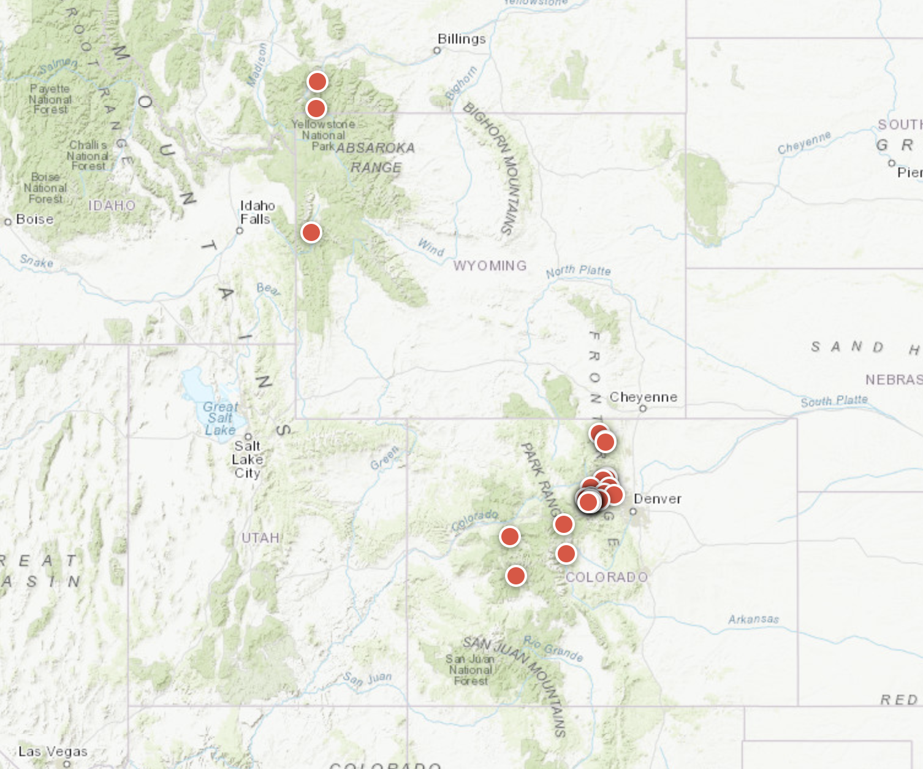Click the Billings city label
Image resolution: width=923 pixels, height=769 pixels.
[x=461, y=39]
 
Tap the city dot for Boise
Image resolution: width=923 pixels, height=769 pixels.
[x=8, y=221]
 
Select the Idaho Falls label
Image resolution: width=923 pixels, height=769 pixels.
[x=257, y=212]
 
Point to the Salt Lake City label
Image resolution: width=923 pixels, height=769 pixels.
[x=248, y=459]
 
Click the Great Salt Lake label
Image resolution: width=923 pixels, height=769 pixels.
[x=220, y=418]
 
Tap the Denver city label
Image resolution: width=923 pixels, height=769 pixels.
[x=657, y=499]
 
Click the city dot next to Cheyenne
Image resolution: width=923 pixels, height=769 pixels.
[x=643, y=408]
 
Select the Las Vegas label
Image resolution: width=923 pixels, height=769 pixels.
[x=53, y=751]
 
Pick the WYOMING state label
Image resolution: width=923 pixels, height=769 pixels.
[x=490, y=266]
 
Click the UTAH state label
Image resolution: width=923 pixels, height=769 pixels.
[x=260, y=538]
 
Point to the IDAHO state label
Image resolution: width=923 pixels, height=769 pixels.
[x=112, y=205]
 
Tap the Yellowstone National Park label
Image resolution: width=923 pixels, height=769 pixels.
[x=323, y=135]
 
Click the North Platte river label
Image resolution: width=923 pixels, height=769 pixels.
[x=578, y=270]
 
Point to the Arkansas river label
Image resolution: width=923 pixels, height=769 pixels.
[x=753, y=619]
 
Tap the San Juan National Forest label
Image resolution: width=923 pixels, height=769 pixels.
[x=471, y=670]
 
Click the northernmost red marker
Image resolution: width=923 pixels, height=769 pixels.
[x=317, y=81]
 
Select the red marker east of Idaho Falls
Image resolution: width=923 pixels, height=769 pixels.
[x=311, y=232]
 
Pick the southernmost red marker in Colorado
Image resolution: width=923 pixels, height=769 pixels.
[x=516, y=576]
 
